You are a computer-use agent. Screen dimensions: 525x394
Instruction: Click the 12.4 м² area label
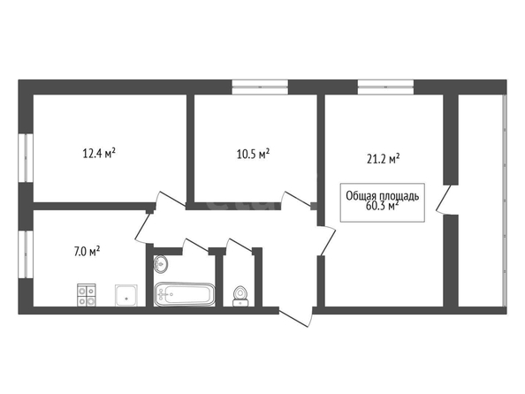(99, 154)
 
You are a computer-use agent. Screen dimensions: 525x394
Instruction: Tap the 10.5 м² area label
(254, 155)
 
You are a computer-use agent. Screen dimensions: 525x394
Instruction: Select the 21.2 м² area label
(384, 159)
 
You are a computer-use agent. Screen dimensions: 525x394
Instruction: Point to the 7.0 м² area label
(87, 251)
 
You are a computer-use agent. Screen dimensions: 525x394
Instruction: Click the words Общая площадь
(383, 196)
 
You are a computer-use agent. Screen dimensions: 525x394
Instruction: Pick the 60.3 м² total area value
(383, 206)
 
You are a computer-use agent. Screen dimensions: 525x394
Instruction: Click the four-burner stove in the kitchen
(87, 295)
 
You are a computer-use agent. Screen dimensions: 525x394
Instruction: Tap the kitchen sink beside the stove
(126, 295)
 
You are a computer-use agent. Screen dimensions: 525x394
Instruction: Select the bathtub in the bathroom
(185, 294)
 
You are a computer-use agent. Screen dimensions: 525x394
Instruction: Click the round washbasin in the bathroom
(161, 263)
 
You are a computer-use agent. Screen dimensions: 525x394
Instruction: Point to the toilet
(240, 296)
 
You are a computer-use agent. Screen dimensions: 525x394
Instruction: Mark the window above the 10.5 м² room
(260, 87)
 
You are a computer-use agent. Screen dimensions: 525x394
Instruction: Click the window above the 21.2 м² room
(385, 87)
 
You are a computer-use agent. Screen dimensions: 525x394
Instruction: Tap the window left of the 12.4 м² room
(26, 158)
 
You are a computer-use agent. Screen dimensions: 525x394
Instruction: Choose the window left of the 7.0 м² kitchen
(26, 254)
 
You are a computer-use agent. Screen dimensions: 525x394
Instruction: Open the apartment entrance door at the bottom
(295, 316)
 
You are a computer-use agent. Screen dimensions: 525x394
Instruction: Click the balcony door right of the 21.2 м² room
(444, 200)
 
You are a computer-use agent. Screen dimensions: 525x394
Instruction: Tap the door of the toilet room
(240, 245)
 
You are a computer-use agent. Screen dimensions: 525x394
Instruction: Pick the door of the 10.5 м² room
(297, 198)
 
